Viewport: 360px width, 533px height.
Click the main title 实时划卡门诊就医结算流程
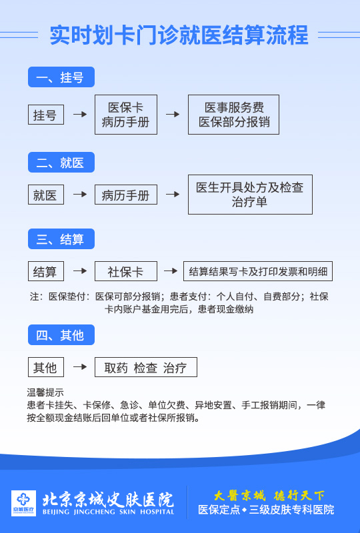tap(179, 35)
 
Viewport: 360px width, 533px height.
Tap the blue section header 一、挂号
tap(61, 77)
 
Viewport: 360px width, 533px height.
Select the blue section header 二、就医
tap(61, 163)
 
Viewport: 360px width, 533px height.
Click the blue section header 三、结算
tap(61, 239)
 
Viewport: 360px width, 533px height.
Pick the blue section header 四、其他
tap(61, 335)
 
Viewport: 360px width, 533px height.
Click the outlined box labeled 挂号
tap(46, 115)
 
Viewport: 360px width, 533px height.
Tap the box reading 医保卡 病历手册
tap(126, 115)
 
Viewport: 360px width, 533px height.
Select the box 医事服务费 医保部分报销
tap(234, 115)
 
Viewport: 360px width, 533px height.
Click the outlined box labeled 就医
tap(46, 195)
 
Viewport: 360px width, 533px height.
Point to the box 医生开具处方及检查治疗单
tap(250, 195)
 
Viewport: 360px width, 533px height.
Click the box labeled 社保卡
tap(126, 271)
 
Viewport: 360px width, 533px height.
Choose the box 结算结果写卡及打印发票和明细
tap(258, 271)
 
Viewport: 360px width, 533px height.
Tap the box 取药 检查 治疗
tap(146, 367)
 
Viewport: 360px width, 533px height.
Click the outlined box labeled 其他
tap(46, 367)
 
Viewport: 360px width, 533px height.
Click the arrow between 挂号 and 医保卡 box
tap(80, 114)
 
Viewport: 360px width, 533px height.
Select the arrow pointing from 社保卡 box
tap(171, 271)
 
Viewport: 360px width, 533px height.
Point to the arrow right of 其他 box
tap(80, 367)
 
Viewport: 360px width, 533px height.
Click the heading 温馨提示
tap(45, 392)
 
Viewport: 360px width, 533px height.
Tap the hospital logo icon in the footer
tap(23, 503)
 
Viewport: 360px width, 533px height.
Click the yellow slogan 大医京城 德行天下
tap(269, 496)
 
